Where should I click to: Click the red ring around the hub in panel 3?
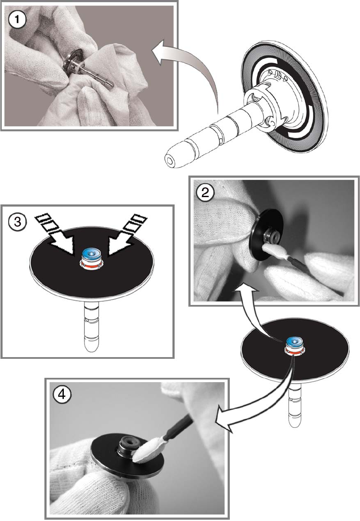[x=92, y=266]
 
